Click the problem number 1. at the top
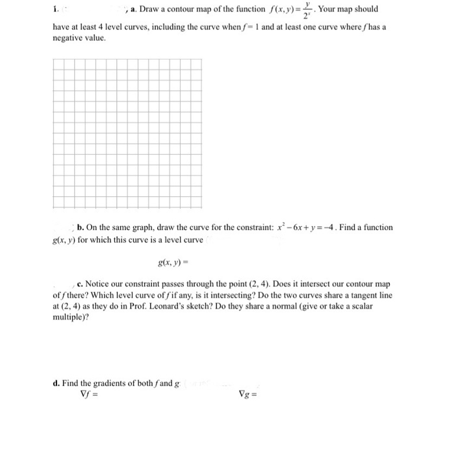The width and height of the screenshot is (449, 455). point(55,10)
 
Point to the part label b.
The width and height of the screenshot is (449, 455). point(79,227)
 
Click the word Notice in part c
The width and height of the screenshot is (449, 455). point(99,284)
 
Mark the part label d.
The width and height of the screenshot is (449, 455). point(56,383)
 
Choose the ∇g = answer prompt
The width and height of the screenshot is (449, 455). point(246,393)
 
